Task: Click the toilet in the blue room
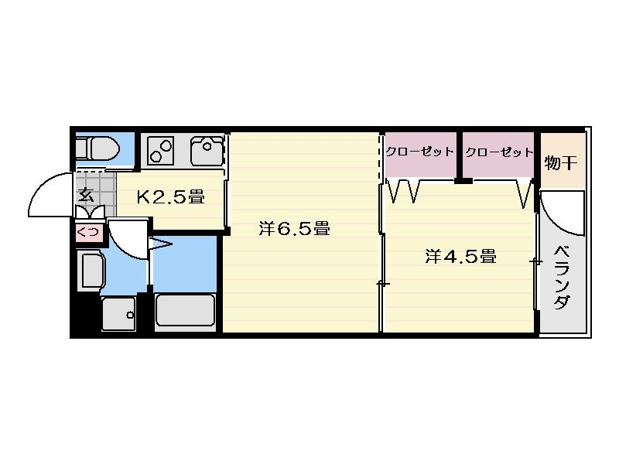coord(97,148)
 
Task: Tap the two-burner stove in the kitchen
coord(161,150)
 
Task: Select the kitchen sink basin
coord(207,151)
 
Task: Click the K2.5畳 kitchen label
coord(170,196)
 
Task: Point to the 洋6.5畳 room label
coord(295,228)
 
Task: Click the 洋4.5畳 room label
coord(460,257)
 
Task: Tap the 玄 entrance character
coord(86,196)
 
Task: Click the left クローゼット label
coord(419,152)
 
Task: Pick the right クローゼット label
coord(499,152)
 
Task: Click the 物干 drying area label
coord(561,162)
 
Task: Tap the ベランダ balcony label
coord(562,278)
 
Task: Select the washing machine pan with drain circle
coord(119,314)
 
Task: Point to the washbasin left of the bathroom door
coord(92,270)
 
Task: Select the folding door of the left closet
coord(403,191)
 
